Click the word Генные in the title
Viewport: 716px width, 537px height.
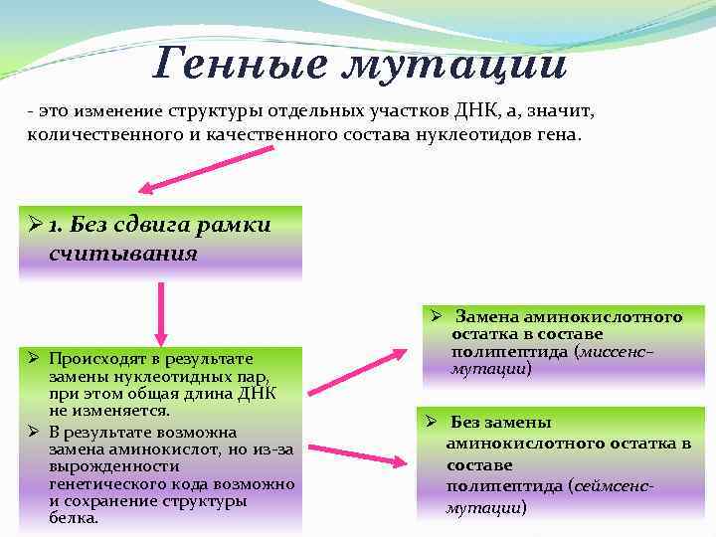pos(235,65)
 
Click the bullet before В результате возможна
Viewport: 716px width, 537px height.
pos(34,432)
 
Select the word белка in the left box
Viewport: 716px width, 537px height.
pos(72,518)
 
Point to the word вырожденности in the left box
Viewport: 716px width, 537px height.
pos(99,467)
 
